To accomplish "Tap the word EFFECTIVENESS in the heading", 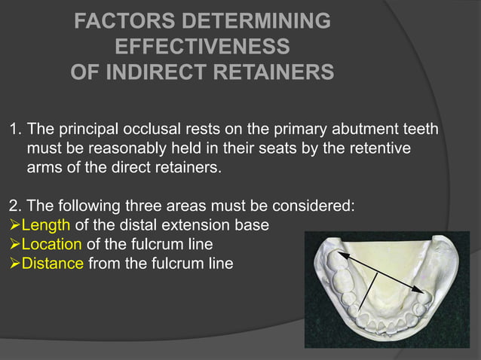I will (x=202, y=47).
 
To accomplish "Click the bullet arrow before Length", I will (x=13, y=225).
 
